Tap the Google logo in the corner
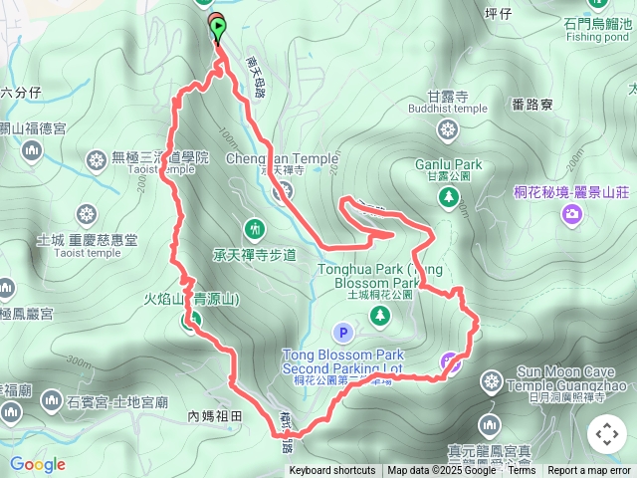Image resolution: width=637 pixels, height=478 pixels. point(37,464)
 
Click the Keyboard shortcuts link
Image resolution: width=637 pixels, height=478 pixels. point(331,471)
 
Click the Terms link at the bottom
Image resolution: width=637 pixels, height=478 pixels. point(522,471)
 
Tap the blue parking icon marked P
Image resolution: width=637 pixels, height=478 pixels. point(343,333)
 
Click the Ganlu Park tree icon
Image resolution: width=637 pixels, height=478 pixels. point(448,197)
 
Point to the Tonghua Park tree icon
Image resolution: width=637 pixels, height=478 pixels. point(379,316)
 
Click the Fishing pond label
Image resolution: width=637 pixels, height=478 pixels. point(598,36)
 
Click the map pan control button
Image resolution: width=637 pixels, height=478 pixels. point(606,434)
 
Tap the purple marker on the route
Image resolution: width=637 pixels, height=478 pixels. point(451,363)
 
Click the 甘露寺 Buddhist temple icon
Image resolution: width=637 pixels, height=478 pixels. point(447,129)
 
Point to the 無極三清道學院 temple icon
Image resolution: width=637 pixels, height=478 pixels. point(97,158)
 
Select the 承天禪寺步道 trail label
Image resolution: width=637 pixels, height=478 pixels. point(255,255)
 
